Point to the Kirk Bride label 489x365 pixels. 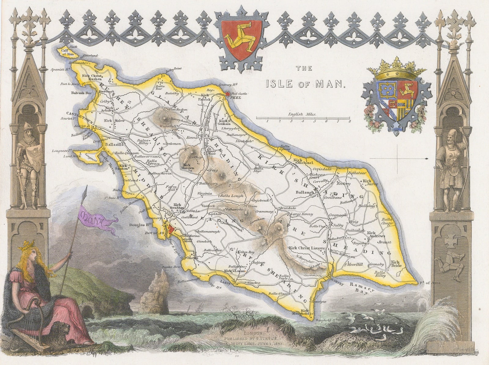tap(395, 264)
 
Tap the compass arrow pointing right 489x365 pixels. tap(426, 158)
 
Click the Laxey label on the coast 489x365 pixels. tap(225, 283)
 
